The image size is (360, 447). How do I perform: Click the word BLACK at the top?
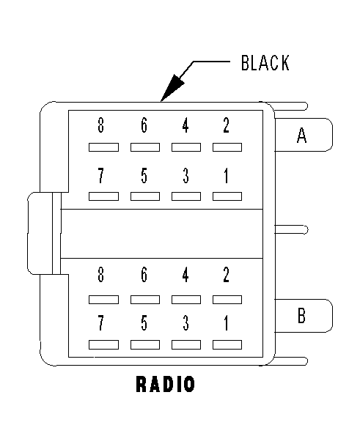265,63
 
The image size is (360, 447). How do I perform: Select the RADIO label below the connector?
166,384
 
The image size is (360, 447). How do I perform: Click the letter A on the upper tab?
301,135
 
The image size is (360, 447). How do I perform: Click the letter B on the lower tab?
301,315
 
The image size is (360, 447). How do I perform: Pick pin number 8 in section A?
100,125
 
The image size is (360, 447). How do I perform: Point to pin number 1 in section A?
227,175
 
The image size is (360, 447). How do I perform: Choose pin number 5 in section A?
144,175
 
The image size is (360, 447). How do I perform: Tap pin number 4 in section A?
185,125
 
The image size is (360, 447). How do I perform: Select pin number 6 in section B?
144,275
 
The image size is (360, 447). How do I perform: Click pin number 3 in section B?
185,323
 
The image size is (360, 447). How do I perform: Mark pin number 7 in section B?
100,323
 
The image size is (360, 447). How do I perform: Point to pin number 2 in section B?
227,275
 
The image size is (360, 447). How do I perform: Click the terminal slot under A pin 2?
227,147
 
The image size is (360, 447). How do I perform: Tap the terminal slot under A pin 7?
103,196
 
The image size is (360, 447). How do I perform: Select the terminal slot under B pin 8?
103,300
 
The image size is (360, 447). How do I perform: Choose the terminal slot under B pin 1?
227,344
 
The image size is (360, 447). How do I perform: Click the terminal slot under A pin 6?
145,147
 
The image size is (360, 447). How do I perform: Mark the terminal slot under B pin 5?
145,344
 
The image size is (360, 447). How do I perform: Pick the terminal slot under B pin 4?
186,300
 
